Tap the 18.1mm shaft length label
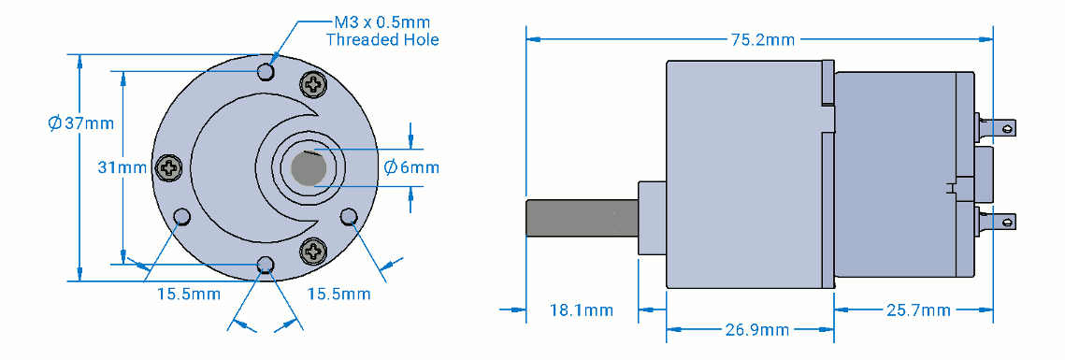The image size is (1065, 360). (581, 310)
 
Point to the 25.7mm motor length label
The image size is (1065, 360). (918, 310)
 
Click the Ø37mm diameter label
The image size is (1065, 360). (80, 123)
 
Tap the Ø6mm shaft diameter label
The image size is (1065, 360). (410, 167)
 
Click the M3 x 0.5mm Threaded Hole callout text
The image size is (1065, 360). (382, 31)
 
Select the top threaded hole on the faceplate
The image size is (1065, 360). (266, 71)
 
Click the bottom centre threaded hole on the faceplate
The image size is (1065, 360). (266, 264)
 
